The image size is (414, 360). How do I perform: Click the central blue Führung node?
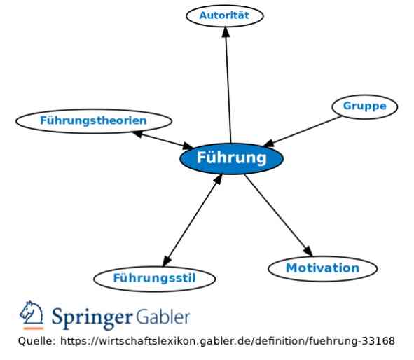231,158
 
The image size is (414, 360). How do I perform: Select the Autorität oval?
225,15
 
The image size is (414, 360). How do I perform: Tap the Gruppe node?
365,106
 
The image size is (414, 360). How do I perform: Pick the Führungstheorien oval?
94,121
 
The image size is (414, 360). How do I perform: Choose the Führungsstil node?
154,279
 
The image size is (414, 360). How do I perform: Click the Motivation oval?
323,268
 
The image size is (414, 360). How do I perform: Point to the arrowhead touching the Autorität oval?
226,32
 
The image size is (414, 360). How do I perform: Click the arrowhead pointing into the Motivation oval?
308,251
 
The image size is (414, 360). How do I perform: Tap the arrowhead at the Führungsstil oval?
167,261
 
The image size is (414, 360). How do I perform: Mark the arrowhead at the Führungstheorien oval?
138,134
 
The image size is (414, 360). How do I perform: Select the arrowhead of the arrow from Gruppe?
269,144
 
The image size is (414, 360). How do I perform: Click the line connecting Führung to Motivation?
279,215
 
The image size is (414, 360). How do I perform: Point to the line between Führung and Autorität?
228,85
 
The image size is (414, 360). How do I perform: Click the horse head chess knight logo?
32,312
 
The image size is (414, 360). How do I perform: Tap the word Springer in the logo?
92,317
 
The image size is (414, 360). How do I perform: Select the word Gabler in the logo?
163,316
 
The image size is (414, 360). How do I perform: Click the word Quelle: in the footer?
36,341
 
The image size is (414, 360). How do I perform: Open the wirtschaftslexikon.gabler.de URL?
228,341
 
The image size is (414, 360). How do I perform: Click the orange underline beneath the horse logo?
33,328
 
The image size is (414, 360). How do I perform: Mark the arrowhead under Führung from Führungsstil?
218,179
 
